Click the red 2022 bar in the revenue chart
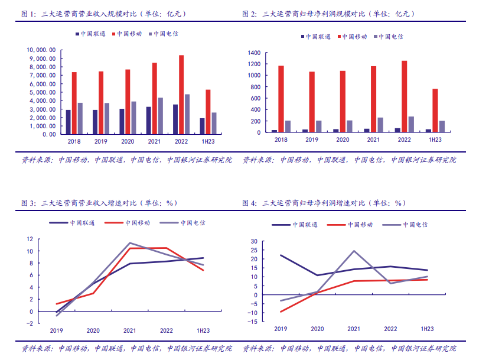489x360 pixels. click(x=181, y=95)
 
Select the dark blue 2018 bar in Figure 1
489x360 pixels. click(x=69, y=122)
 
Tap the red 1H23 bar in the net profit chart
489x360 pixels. click(x=435, y=111)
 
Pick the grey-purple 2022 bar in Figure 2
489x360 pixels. click(x=412, y=124)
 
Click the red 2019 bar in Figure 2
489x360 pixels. click(x=312, y=102)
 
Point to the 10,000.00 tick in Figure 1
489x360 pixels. click(x=41, y=50)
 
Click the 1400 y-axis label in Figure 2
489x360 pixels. click(x=254, y=53)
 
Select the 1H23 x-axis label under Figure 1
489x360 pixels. click(x=208, y=141)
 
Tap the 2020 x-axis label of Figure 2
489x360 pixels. click(x=343, y=140)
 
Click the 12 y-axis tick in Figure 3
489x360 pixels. click(x=30, y=239)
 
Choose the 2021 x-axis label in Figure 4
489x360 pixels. click(x=354, y=329)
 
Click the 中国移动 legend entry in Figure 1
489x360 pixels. click(x=127, y=34)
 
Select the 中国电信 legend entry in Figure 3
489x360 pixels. click(x=182, y=223)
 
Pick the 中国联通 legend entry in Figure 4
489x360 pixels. click(x=295, y=225)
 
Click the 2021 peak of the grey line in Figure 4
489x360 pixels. click(x=354, y=251)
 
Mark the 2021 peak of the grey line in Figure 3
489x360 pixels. click(x=130, y=243)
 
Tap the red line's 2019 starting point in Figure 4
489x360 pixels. click(x=281, y=312)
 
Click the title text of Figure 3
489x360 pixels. click(x=99, y=203)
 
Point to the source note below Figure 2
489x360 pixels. click(x=350, y=160)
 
